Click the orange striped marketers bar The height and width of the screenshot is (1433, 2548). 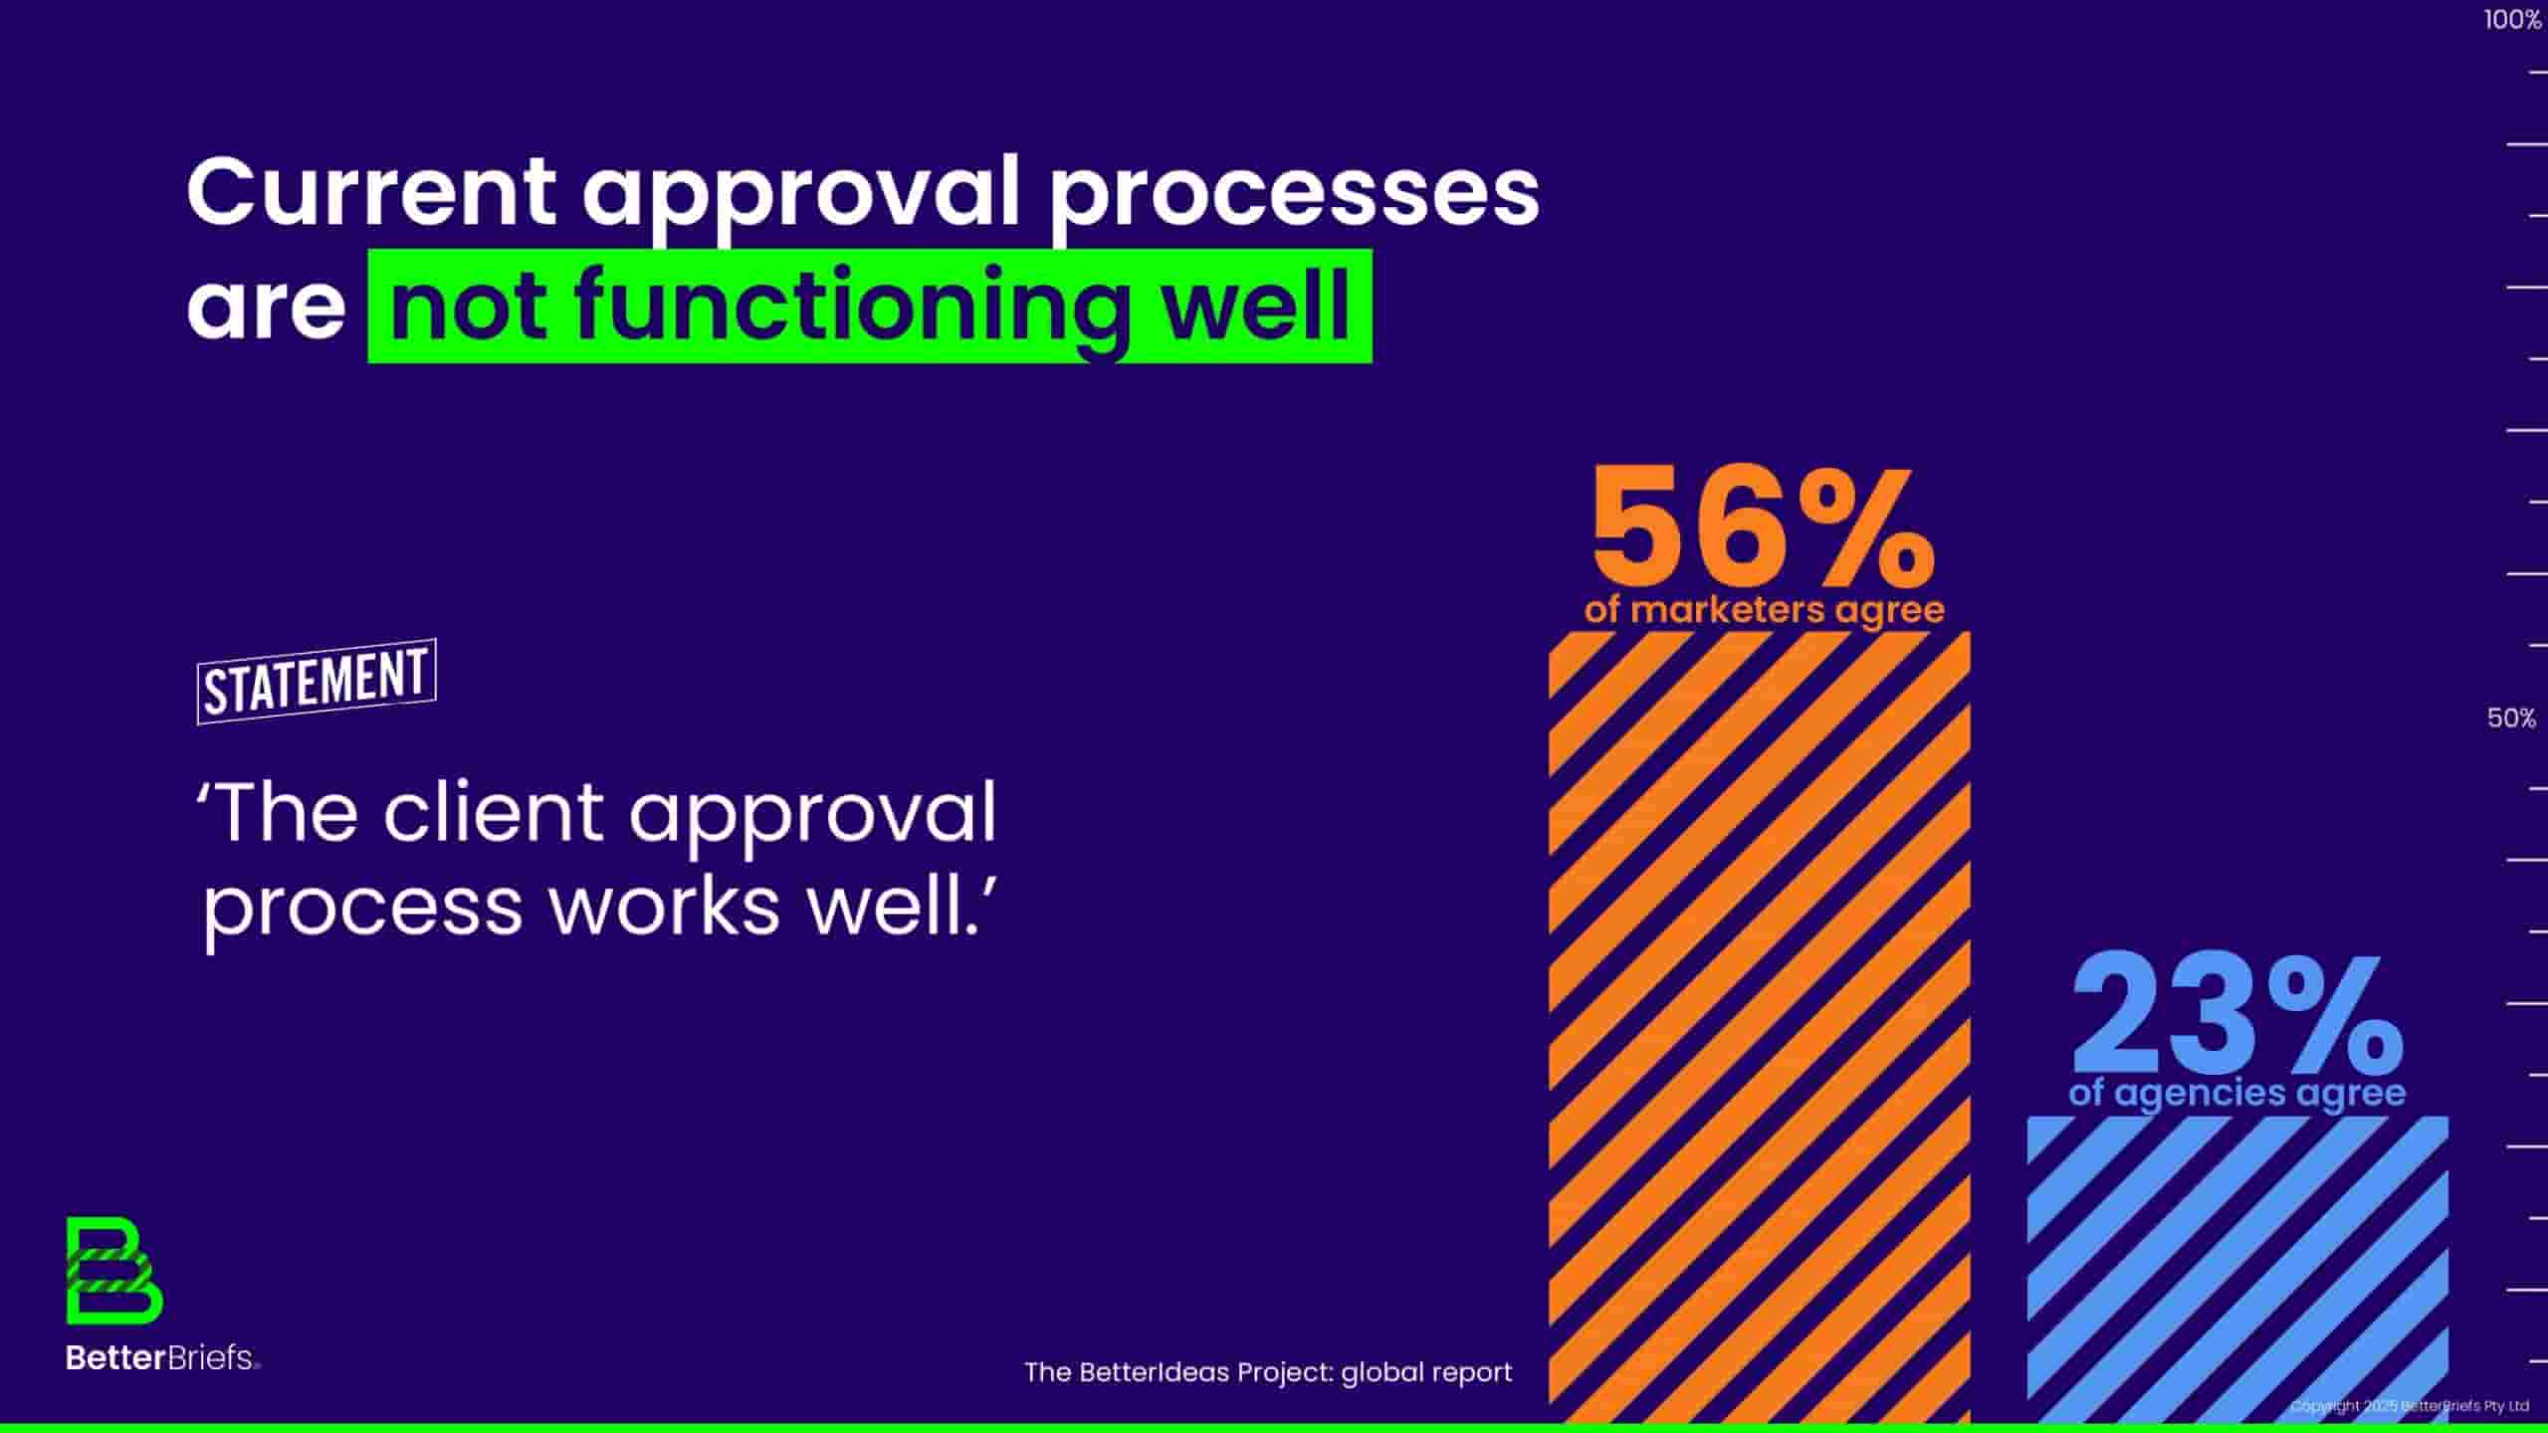(1759, 1027)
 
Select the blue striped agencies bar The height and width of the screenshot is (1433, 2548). (2237, 1270)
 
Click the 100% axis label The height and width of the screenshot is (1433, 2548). (2512, 20)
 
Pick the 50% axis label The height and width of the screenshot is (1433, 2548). (2511, 718)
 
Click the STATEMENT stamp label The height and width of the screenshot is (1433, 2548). (317, 682)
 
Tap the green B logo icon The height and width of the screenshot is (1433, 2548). (114, 1271)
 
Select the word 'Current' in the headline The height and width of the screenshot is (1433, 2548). (371, 191)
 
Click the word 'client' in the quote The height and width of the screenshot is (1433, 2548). (493, 812)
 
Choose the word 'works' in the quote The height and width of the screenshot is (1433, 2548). (664, 907)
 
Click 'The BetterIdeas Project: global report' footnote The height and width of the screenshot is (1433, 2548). (1268, 1372)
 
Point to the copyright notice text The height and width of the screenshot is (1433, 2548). (2410, 1406)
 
